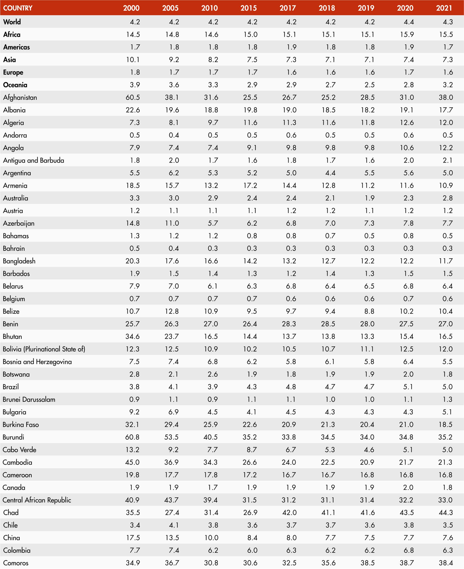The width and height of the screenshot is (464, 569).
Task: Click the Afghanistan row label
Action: point(20,97)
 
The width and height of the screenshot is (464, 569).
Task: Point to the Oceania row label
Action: point(15,85)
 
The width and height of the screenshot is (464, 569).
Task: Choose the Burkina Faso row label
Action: point(21,424)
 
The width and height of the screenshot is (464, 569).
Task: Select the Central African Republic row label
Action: point(37,500)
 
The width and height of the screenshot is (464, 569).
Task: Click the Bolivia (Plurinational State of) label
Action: point(44,349)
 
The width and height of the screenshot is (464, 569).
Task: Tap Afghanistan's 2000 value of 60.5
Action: point(133,97)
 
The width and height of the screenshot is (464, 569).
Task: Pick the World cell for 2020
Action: point(409,22)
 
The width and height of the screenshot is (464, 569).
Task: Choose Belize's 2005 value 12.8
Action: point(172,311)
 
